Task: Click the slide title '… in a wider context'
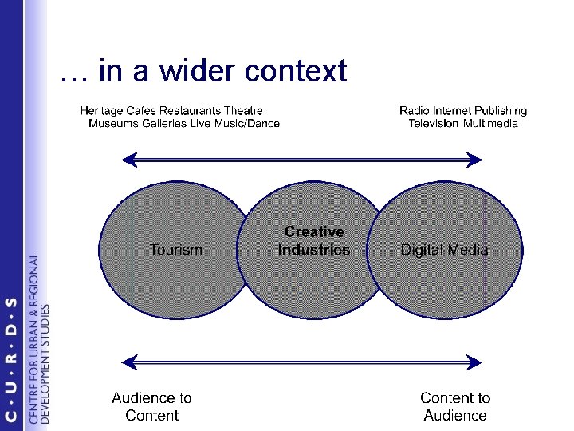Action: (x=203, y=72)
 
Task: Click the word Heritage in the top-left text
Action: (x=102, y=111)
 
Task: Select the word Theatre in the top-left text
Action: (x=242, y=111)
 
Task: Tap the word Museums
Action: (x=112, y=123)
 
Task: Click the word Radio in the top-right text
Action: (x=415, y=111)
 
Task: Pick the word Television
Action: (x=434, y=123)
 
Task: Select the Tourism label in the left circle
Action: (x=176, y=250)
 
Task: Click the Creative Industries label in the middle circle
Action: (x=314, y=241)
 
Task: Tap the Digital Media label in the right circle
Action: (x=444, y=250)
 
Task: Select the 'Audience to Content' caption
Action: (x=151, y=406)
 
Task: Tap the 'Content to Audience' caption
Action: (x=455, y=406)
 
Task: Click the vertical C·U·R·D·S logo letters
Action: (x=11, y=358)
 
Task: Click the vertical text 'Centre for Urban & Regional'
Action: (x=33, y=338)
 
